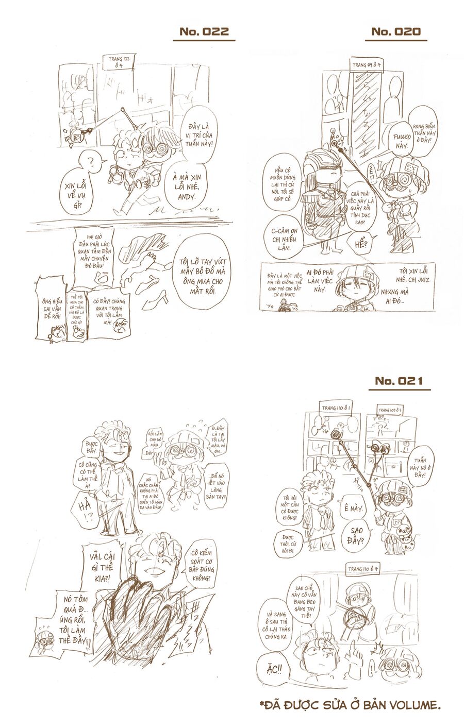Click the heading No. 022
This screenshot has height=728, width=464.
[x=204, y=32]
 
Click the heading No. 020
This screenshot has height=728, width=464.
[x=396, y=32]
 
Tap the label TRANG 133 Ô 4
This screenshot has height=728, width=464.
[x=119, y=63]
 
